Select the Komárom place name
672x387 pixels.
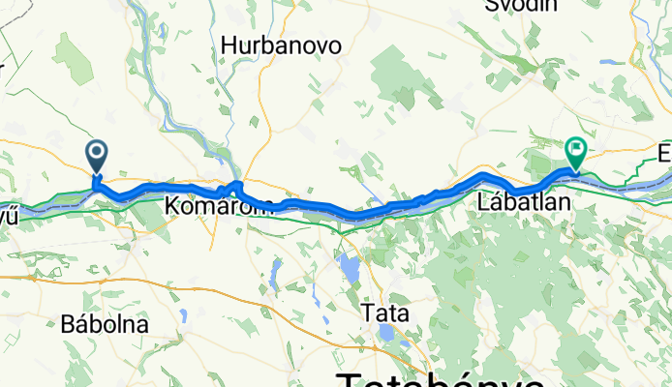click(x=206, y=206)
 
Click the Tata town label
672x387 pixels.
click(x=384, y=313)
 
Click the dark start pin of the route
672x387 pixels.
click(x=97, y=154)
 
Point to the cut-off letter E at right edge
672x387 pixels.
click(x=664, y=154)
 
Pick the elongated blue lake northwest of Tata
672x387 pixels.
click(x=348, y=265)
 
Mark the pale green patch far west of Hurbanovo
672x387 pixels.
click(x=73, y=58)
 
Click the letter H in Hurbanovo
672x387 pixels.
click(x=229, y=45)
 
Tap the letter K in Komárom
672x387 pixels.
click(x=172, y=206)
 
